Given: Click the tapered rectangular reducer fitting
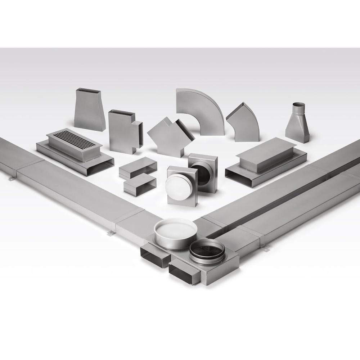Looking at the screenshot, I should [89, 112].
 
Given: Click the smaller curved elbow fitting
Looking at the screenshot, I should [245, 122].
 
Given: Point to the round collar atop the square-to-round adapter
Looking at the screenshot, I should [298, 108].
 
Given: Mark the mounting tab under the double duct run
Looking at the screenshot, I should [266, 248].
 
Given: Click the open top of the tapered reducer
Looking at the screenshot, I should [89, 91].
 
